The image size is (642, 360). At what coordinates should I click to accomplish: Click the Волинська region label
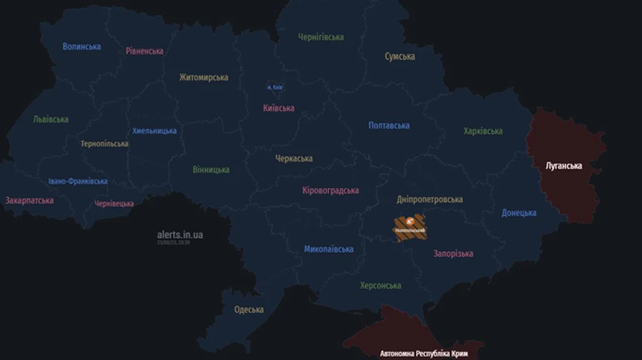coord(81,47)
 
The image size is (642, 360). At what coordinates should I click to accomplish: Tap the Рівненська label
coord(144,51)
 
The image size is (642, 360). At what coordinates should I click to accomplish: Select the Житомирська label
coord(203,78)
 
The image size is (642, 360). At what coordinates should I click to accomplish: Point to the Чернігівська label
coord(320,37)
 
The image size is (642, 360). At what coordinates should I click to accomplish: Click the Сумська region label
coord(399,56)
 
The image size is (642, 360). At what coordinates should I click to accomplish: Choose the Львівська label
coord(51,120)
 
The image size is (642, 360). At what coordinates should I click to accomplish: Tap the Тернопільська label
coord(104,144)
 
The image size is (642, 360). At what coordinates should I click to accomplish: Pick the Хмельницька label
coord(154,131)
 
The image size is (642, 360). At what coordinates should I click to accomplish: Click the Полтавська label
coord(389,125)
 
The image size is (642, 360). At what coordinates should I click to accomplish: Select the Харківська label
coord(483,131)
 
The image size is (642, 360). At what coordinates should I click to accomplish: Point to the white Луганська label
coord(564,166)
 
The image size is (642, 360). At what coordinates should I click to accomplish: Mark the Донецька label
coord(519,212)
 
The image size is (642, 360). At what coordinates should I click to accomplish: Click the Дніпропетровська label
coord(429,200)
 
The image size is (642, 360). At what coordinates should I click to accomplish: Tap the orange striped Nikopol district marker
coord(409,227)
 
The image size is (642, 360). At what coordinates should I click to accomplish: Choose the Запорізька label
coord(453,254)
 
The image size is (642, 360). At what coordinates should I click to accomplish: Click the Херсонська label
coord(380,286)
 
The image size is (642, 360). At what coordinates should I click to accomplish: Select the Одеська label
coord(249,309)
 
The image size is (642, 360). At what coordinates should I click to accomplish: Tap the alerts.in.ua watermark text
coord(180,235)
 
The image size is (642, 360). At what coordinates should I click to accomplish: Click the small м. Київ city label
coord(275,88)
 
